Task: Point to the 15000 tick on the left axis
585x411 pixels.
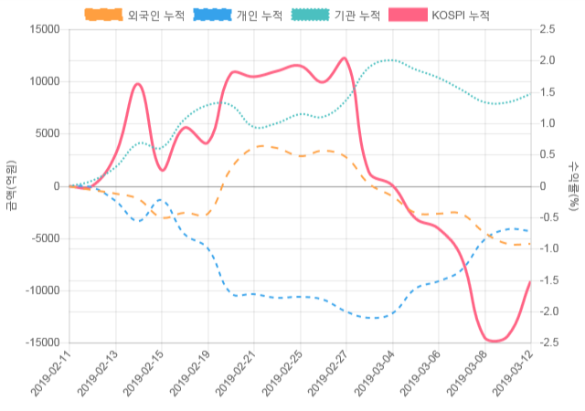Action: tap(43, 29)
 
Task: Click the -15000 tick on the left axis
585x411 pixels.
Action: tap(41, 342)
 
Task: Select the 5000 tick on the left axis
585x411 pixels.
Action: tap(46, 133)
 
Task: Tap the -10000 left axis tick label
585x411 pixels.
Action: tap(41, 290)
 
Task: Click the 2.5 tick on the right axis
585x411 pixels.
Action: tap(548, 29)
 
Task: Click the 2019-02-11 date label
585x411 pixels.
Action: tap(50, 374)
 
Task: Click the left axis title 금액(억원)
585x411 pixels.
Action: tap(10, 185)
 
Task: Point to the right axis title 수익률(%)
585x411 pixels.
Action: tap(573, 185)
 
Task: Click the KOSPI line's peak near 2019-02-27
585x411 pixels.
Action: tap(345, 58)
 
